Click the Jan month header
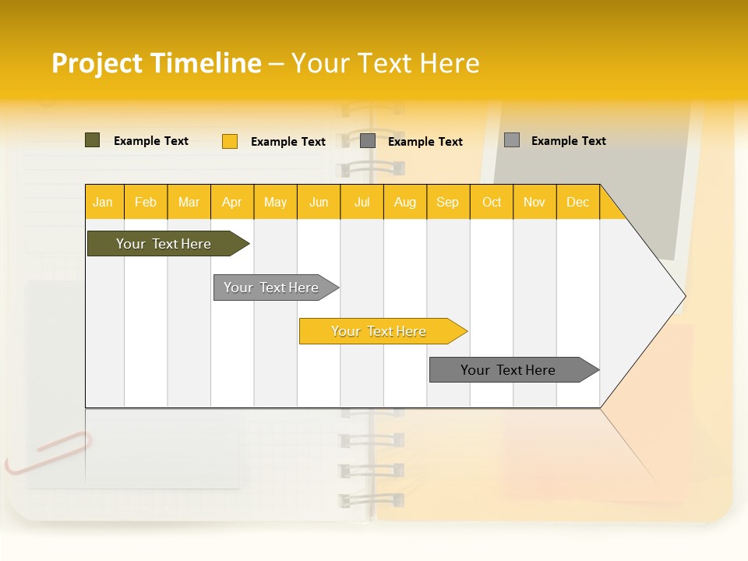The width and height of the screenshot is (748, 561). click(x=103, y=203)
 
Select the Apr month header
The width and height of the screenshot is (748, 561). click(x=232, y=203)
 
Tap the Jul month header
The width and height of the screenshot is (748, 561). click(x=362, y=203)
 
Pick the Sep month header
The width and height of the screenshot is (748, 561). click(x=447, y=203)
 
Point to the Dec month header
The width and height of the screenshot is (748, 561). click(x=577, y=203)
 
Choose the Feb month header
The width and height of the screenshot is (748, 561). click(x=146, y=203)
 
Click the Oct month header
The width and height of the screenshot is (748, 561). click(x=492, y=203)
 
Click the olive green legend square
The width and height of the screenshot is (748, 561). click(x=93, y=140)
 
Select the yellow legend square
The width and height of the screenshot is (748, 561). click(x=230, y=141)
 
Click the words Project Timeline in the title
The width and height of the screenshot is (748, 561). click(x=156, y=63)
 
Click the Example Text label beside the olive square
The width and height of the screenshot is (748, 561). click(x=151, y=141)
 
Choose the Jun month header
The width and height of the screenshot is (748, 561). click(x=319, y=203)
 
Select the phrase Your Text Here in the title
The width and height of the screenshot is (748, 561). click(x=385, y=63)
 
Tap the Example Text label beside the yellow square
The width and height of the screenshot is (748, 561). click(x=288, y=142)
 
